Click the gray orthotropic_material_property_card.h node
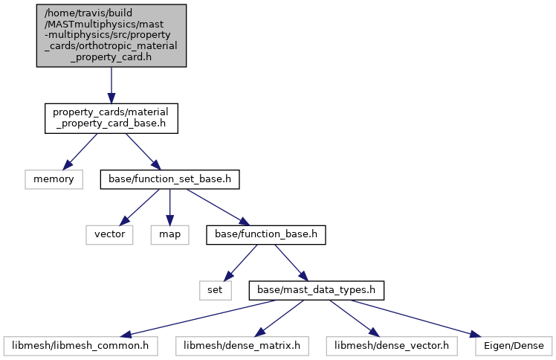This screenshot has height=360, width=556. pos(111,36)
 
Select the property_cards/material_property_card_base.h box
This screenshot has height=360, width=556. pos(111,118)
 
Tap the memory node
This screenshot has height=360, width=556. pos(54,179)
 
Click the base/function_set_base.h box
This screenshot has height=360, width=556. pos(170,179)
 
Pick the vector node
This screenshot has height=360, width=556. pos(109,235)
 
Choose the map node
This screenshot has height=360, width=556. pos(170,235)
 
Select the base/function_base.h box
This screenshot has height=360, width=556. pos(266,235)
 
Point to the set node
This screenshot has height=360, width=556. pos(216,291)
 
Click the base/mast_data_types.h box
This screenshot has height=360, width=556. pos(317,291)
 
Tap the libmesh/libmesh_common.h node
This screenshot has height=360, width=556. pos(80,346)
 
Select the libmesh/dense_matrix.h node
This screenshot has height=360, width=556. pos(242,346)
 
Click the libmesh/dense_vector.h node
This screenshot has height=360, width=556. pos(392,346)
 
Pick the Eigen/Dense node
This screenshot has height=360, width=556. pos(514,346)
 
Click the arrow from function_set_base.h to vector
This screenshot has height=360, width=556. pos(139,207)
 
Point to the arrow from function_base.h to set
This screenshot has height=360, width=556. pos(240,263)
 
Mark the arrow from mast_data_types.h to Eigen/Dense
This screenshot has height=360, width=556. pos(417,318)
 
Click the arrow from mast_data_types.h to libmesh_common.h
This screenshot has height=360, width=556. pos(198,318)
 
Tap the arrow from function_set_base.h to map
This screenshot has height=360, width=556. pos(170,207)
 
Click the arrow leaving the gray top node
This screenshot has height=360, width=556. pos(111,85)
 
